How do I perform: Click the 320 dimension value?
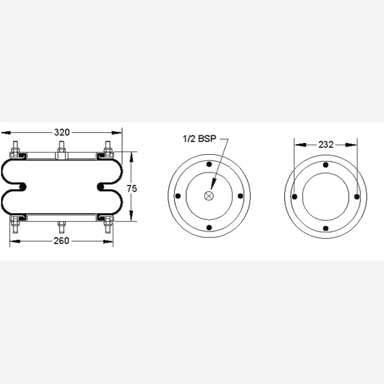(x=61, y=132)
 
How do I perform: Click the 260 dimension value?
(x=61, y=241)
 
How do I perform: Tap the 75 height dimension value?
(x=132, y=188)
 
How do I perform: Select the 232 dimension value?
(x=326, y=145)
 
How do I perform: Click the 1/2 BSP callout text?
(x=200, y=139)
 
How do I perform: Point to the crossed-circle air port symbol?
(x=209, y=196)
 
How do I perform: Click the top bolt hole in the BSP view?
(x=209, y=164)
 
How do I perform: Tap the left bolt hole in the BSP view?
(x=178, y=196)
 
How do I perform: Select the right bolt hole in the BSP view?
(x=240, y=196)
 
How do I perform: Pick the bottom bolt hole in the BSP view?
(x=209, y=228)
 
